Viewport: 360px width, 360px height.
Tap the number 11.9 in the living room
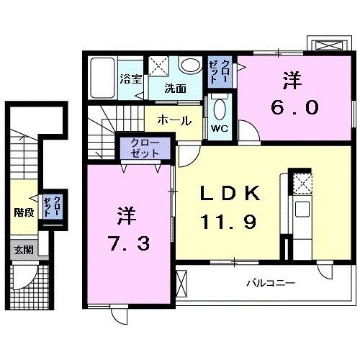(x=229, y=220)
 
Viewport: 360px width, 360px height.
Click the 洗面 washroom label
(x=175, y=89)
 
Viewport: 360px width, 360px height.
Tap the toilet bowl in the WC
(x=220, y=109)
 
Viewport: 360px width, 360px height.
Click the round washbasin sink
(x=190, y=66)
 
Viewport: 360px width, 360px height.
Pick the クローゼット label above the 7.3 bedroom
(x=144, y=149)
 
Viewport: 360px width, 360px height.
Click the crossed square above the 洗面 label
(x=158, y=66)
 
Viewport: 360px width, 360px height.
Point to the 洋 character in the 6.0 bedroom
(x=294, y=81)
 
